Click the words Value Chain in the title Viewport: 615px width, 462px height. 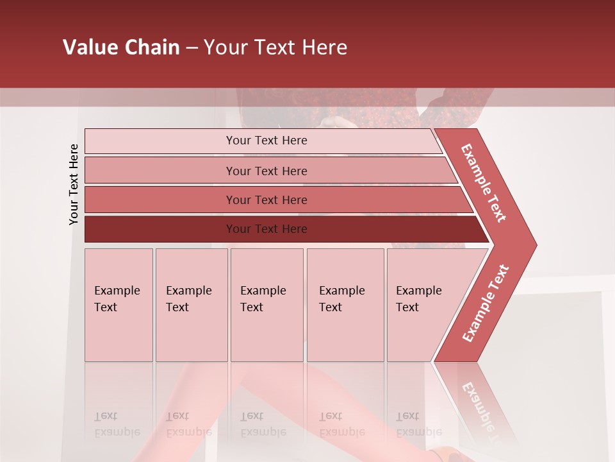coord(121,47)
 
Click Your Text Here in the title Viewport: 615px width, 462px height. coord(275,47)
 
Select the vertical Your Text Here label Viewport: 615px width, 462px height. coord(74,184)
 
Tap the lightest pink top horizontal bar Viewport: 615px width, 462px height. coord(160,141)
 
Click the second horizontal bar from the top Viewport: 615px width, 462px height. coord(160,171)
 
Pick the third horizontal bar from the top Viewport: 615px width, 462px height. coord(160,200)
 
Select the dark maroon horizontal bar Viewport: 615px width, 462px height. coord(160,229)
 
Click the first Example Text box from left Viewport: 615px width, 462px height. coord(119,305)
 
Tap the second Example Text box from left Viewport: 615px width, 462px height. coord(192,305)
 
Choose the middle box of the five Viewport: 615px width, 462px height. coord(266,305)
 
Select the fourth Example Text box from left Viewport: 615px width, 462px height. coord(345,305)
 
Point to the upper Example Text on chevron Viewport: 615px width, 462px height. coord(484,183)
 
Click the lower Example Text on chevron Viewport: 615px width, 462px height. coord(485,304)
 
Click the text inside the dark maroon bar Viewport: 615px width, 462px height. coord(266,229)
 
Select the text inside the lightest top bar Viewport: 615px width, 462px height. coord(266,141)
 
